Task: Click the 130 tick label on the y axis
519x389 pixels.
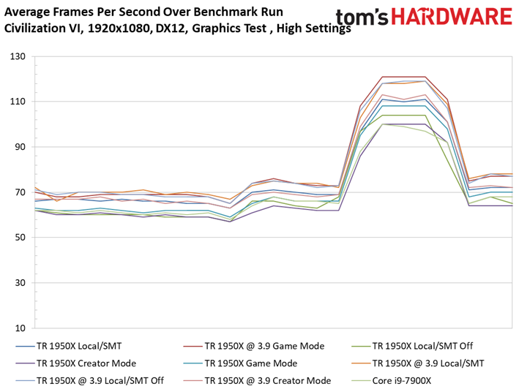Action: coord(18,56)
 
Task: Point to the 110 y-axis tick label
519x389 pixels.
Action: coord(18,102)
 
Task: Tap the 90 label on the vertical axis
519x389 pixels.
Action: coord(20,147)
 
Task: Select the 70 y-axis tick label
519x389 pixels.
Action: coord(20,192)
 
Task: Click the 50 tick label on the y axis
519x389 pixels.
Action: coord(20,238)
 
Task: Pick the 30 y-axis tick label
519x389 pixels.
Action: coord(20,282)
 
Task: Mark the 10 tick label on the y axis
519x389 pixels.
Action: coord(20,328)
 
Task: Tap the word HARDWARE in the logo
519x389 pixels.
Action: coord(452,17)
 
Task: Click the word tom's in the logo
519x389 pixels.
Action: coord(362,18)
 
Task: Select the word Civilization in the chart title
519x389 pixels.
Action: coord(42,28)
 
